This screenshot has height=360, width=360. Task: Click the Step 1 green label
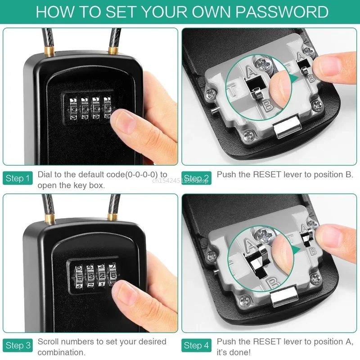tap(18, 179)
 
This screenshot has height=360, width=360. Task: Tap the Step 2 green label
tap(197, 179)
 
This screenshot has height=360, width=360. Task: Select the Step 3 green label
tap(18, 346)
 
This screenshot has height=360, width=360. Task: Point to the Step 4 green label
tap(197, 346)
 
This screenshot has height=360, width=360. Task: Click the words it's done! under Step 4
tap(234, 353)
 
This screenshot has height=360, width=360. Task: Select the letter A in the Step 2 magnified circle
tap(252, 71)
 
